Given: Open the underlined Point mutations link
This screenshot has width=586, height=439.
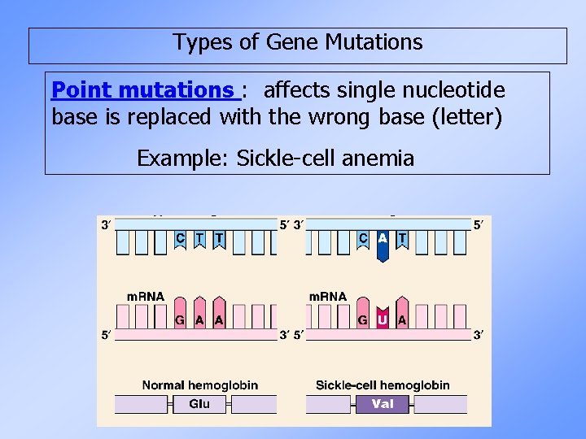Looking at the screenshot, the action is point(143,89).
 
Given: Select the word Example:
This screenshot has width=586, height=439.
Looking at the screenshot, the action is point(183,158).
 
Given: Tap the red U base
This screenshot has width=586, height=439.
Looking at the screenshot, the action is point(383,319).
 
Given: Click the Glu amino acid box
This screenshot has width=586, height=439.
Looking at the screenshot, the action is point(199,403).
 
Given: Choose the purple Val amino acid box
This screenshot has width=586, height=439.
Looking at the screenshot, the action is point(383,403).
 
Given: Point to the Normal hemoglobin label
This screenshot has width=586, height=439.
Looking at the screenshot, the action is point(200,385).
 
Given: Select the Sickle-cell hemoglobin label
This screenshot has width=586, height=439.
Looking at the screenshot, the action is point(383,385).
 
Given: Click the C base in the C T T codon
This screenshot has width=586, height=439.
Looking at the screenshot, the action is point(180,238).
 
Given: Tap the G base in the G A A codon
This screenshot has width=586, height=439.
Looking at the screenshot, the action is point(180,319).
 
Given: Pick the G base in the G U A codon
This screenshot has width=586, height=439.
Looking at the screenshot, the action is point(363,319).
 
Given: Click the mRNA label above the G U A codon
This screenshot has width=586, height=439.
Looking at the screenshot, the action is point(328,296).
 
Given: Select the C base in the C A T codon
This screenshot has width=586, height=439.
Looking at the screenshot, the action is point(363,238).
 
